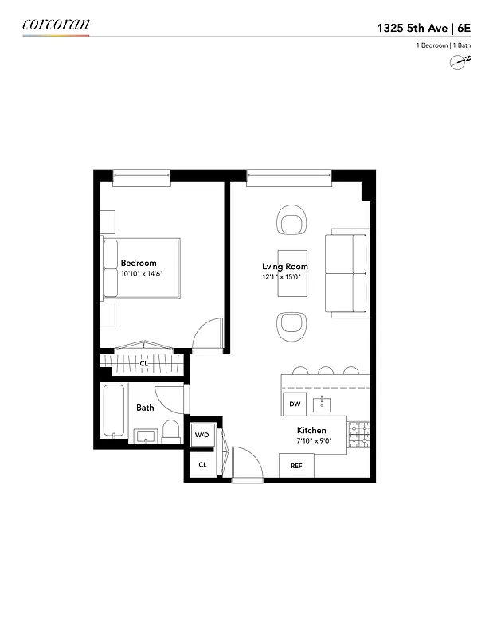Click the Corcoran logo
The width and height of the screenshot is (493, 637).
[56, 25]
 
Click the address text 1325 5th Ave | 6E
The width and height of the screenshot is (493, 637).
[424, 27]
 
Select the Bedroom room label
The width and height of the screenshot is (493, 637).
[139, 263]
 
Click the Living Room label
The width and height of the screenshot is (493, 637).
[285, 267]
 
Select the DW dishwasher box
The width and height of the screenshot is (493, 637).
[295, 404]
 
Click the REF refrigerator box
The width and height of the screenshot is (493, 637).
[296, 466]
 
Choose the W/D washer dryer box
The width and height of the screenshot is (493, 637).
[202, 435]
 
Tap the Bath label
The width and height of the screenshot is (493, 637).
[145, 408]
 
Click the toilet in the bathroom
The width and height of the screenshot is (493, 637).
[171, 432]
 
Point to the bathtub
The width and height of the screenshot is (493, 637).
[114, 411]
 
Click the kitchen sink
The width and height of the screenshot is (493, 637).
[323, 404]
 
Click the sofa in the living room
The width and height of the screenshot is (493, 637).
[347, 275]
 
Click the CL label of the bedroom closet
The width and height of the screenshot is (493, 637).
[144, 363]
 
